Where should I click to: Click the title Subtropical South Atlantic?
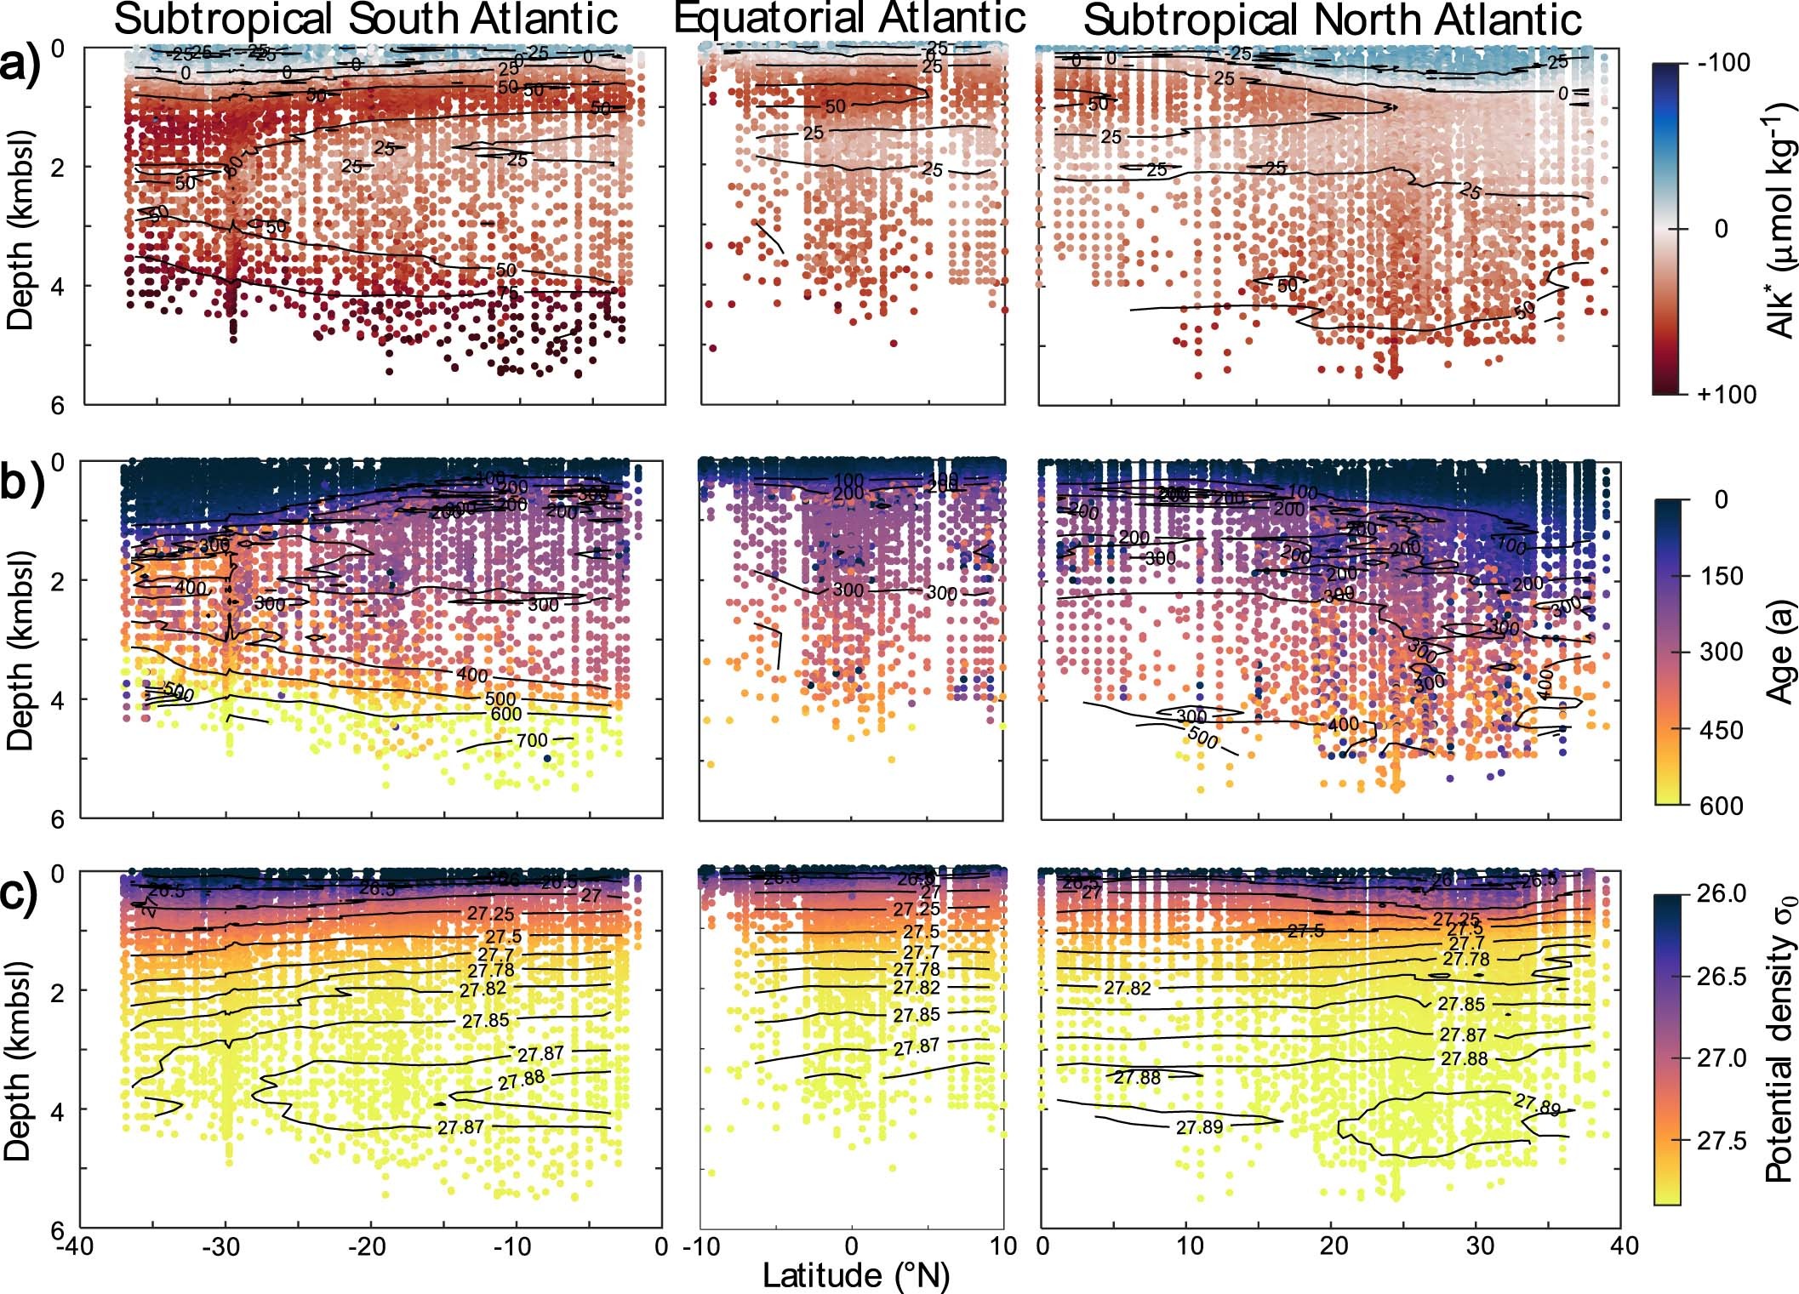coord(366,19)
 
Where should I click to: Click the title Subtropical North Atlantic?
coord(1333,19)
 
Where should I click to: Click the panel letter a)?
coord(26,63)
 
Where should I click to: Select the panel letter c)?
coord(26,893)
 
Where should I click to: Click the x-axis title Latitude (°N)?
coord(855,1275)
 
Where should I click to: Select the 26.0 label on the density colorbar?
coord(1722,895)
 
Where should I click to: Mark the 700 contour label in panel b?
coord(532,741)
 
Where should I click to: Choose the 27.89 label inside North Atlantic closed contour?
coord(1537,1105)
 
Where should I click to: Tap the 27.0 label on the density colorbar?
coord(1722,1058)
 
